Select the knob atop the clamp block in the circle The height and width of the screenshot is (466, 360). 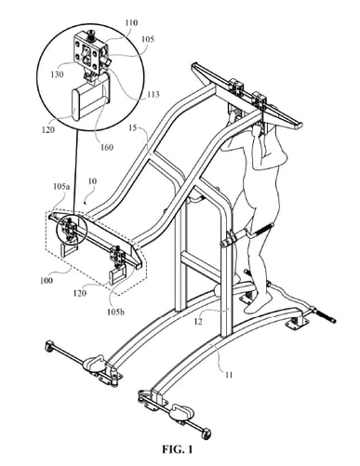94,35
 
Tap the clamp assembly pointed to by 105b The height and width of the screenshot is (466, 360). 117,260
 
